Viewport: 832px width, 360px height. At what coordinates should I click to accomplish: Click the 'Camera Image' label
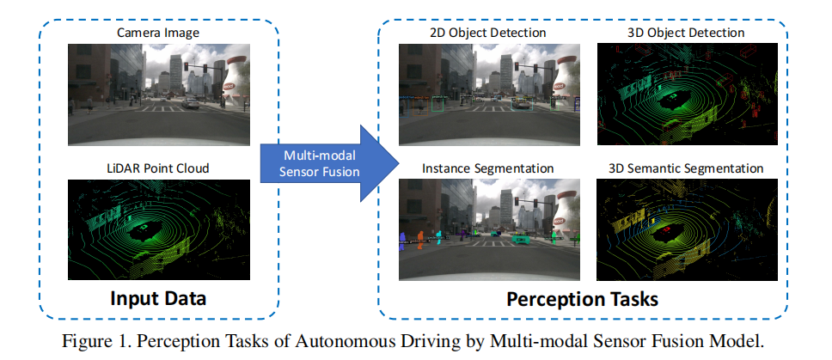[159, 33]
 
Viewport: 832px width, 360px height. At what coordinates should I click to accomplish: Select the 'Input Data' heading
[159, 299]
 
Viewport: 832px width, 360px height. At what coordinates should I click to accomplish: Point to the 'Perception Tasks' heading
[582, 299]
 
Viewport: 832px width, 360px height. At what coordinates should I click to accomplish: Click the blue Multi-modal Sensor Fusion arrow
[323, 159]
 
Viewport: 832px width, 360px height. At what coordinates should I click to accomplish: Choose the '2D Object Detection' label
[487, 33]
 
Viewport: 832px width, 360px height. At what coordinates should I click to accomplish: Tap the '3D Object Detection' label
[687, 33]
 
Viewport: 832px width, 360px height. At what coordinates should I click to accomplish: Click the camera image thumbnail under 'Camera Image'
[159, 95]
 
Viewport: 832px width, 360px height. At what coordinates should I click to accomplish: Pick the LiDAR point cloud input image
[159, 229]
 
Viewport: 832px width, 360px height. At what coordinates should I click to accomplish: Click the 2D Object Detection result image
[488, 95]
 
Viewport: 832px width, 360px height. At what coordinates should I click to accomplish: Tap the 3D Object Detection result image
[687, 95]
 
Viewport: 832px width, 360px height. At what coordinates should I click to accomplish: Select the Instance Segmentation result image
[488, 229]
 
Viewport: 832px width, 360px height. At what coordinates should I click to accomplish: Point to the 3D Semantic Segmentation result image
[687, 229]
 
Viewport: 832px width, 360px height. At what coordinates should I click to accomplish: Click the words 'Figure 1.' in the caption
[97, 340]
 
